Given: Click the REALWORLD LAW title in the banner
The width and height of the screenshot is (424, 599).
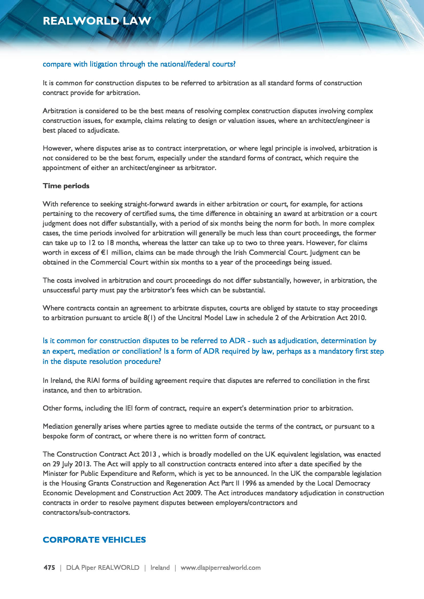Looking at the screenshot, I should click(97, 21).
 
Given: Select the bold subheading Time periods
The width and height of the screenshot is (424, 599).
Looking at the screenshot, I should click(66, 186).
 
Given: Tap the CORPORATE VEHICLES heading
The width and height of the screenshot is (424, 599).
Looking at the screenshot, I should click(94, 540).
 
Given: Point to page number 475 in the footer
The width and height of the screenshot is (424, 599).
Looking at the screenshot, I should click(49, 568).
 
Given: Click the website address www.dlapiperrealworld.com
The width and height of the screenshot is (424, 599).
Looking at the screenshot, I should click(221, 568).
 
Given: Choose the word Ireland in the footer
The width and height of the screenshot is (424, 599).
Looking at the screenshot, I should click(160, 568).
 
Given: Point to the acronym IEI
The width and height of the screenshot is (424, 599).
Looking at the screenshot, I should click(129, 408).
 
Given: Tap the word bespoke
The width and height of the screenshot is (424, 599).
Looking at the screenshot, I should click(54, 436).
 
